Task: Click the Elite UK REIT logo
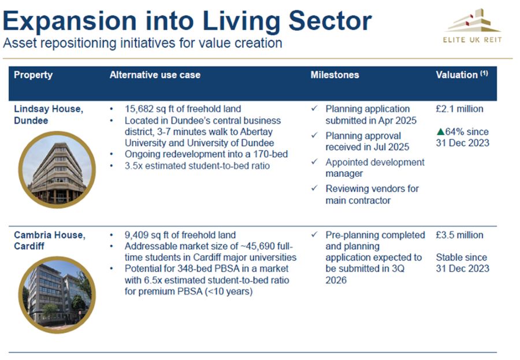472,26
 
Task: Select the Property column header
33,75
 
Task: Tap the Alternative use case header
155,75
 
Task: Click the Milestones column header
335,75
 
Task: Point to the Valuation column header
462,75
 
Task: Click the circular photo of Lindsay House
57,169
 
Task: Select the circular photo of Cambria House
57,295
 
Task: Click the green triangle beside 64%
440,132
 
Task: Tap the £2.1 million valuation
459,109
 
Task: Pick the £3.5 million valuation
459,235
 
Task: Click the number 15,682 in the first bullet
136,109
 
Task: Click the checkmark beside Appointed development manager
314,161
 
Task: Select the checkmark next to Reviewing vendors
314,188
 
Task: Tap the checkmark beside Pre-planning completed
314,234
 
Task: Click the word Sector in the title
330,21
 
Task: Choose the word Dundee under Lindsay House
31,120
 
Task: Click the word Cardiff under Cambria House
29,246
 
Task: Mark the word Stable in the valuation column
449,257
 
